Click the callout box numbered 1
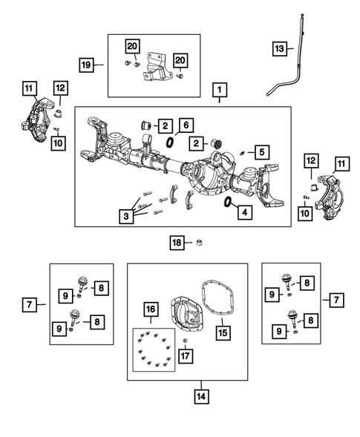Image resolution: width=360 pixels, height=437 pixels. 220,90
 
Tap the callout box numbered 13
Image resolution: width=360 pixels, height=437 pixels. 279,49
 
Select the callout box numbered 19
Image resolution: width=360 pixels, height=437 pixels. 86,65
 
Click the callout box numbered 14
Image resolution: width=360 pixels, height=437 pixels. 201,396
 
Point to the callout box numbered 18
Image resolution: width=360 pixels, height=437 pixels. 177,243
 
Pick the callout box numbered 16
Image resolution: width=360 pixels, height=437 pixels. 151,309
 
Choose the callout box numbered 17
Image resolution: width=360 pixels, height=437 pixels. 186,355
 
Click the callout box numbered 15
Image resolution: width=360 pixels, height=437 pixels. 223,333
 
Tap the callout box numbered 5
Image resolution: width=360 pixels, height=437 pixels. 262,152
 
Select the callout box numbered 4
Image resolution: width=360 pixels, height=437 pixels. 245,212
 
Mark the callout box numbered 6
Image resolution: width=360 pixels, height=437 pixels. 186,125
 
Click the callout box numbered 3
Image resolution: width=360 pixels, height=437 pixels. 126,216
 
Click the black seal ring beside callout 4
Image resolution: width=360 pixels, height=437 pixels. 228,202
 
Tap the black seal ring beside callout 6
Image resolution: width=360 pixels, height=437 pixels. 169,142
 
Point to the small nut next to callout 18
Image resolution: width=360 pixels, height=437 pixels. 200,243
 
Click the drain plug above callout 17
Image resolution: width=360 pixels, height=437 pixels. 184,341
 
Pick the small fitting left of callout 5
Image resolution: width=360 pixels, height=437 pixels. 242,153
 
